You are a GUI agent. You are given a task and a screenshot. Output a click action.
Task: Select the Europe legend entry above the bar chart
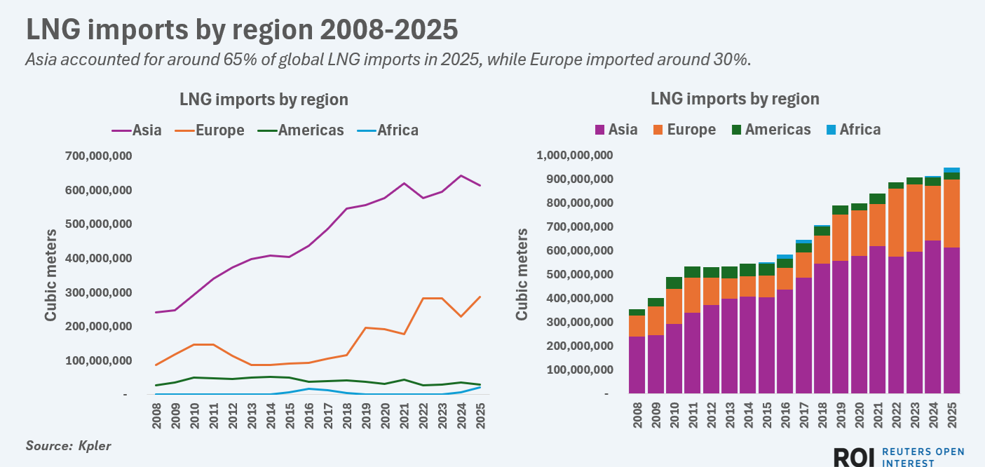coord(691,130)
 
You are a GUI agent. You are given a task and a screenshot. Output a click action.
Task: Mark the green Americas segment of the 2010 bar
coord(673,283)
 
